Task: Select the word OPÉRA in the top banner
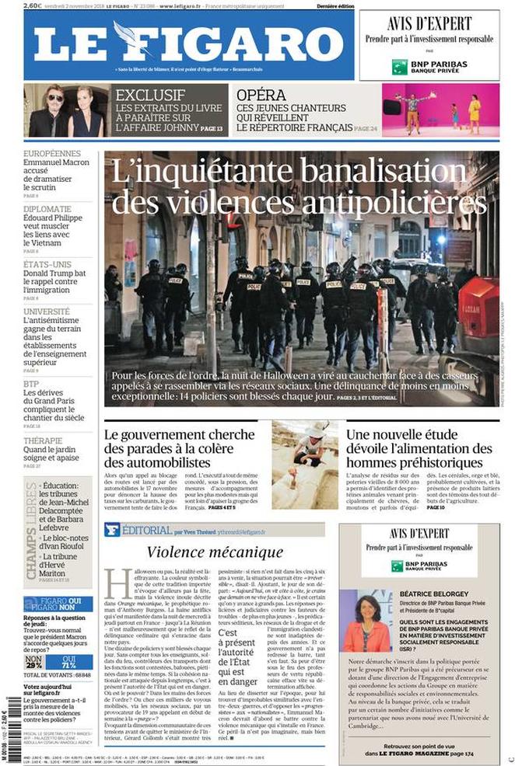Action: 257,94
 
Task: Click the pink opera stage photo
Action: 440,110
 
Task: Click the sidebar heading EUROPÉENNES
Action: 52,154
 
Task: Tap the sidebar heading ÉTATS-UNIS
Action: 47,264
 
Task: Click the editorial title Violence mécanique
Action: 215,552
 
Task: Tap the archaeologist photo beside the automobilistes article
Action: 304,465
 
